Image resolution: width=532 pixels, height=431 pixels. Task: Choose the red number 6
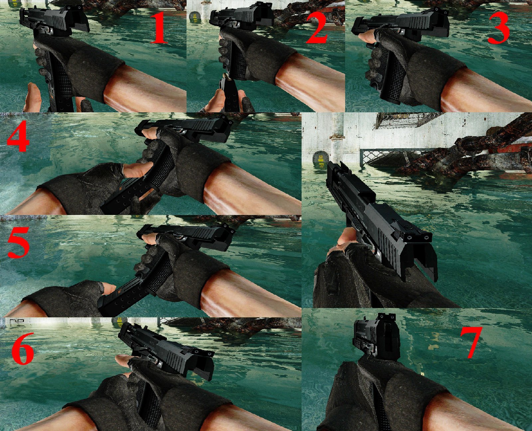coord(23,349)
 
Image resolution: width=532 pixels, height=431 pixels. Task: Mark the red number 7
coord(471,342)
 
